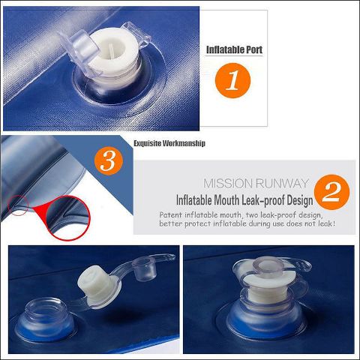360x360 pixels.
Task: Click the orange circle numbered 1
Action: tap(232, 80)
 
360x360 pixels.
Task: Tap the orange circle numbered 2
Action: tap(331, 192)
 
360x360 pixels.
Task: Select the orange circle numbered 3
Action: tap(109, 160)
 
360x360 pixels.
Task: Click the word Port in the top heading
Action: tap(254, 49)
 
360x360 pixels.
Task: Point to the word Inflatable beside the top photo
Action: tap(225, 49)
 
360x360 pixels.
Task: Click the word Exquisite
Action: tap(147, 143)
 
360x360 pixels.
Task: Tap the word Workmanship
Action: tap(184, 143)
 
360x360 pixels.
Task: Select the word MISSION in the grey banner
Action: tap(225, 183)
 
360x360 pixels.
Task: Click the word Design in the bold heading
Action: tap(300, 201)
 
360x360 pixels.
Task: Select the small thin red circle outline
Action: tap(18, 206)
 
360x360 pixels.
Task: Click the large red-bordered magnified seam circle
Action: tap(67, 218)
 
